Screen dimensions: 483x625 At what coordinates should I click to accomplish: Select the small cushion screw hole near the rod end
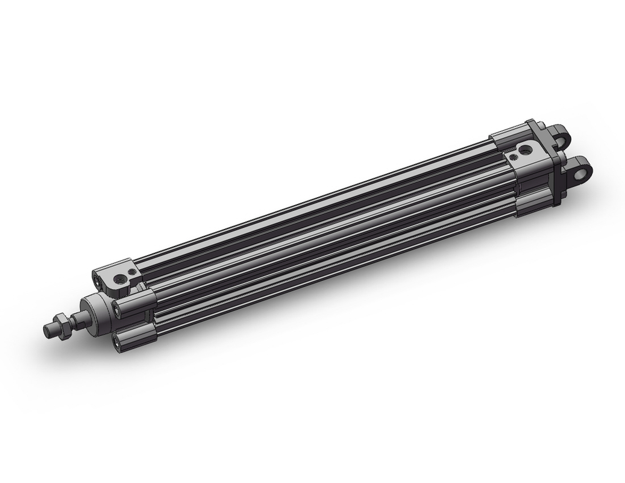[x=131, y=271]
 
